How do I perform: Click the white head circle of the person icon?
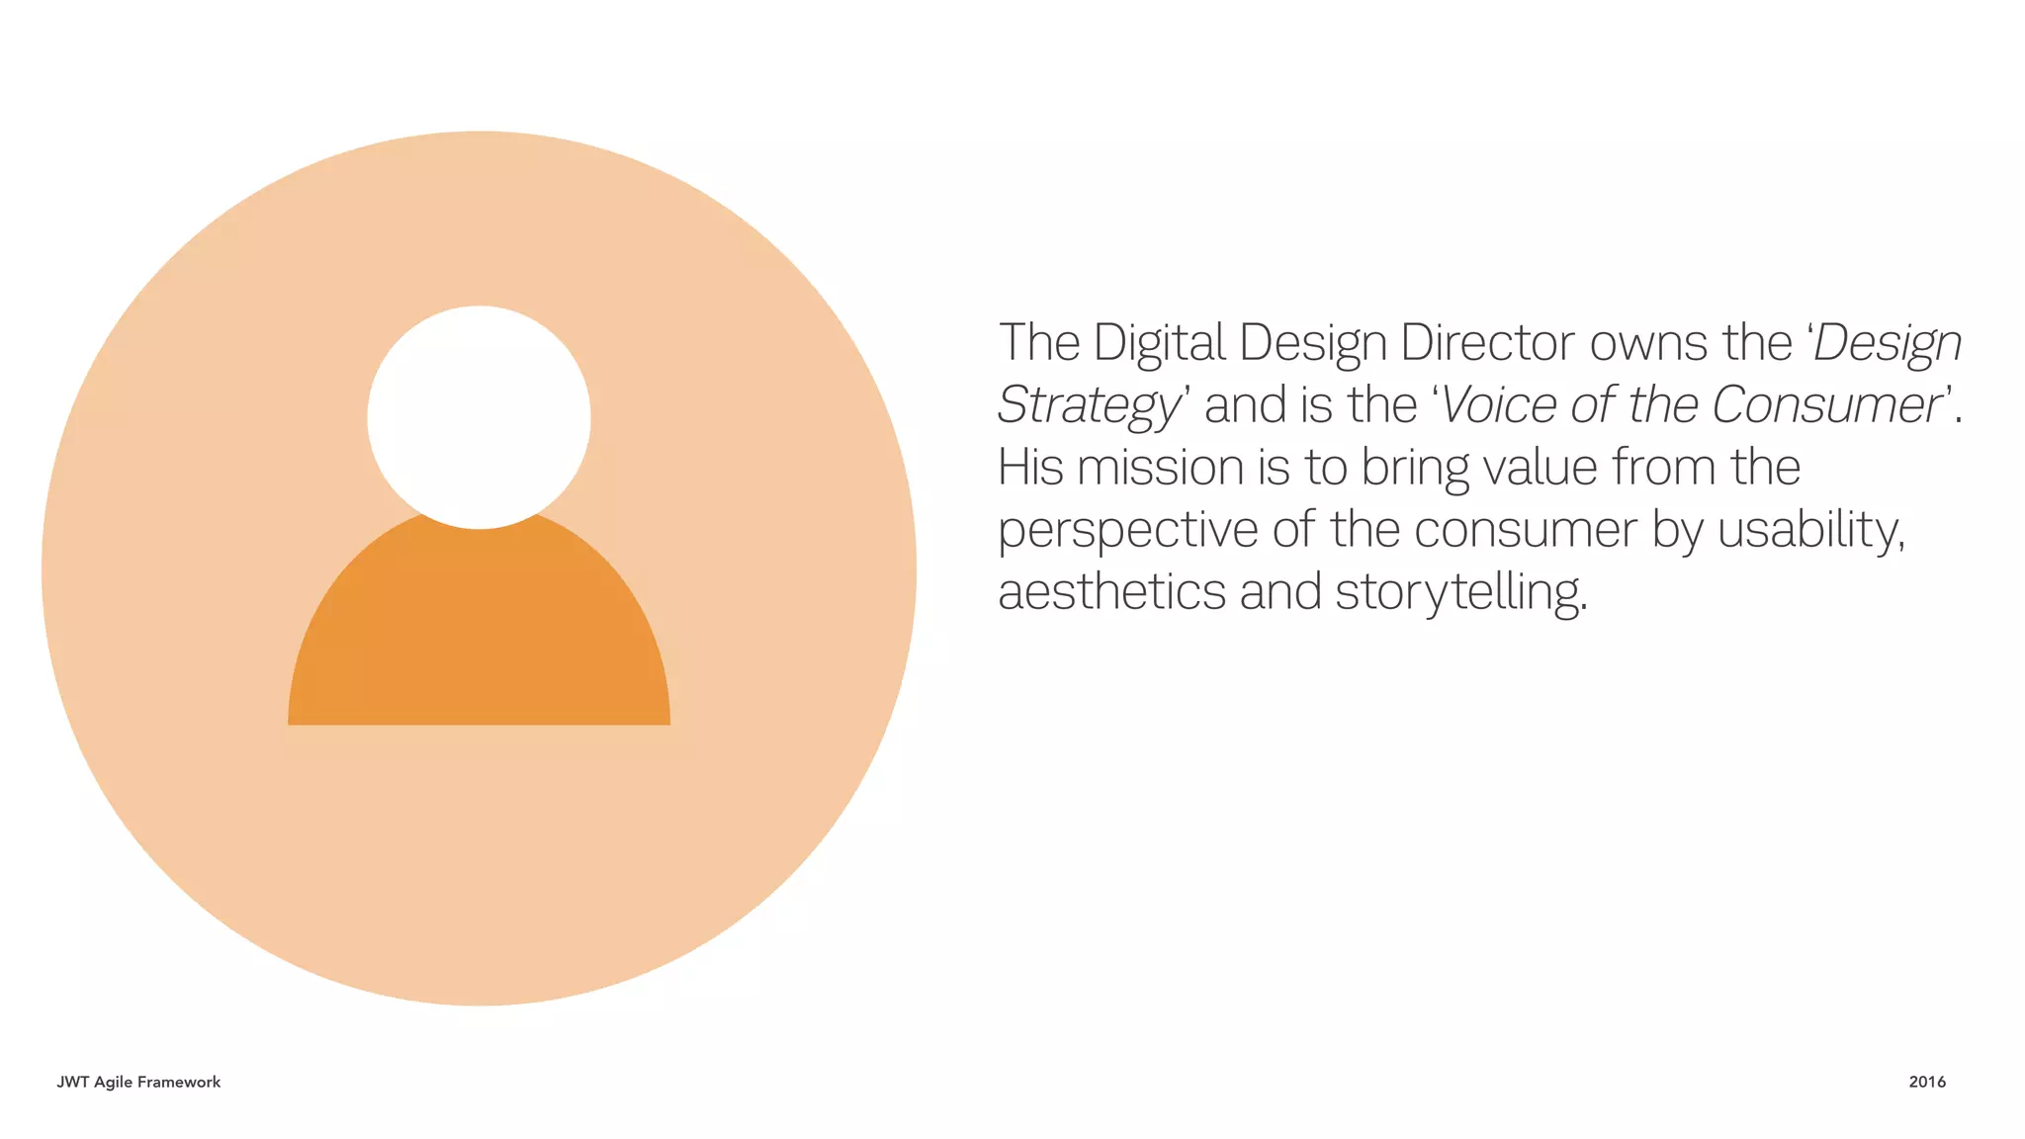479,416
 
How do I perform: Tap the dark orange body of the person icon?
479,633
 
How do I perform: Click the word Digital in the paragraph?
1159,343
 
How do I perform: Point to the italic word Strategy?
1088,406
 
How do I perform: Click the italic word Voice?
1500,405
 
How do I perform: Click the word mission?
1160,467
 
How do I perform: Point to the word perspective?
1127,531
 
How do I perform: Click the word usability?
1809,531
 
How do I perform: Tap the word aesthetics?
1111,592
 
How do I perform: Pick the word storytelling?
1460,593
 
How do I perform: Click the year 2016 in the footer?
1927,1082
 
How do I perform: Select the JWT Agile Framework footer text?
138,1082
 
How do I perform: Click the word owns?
1648,343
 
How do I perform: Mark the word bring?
1415,469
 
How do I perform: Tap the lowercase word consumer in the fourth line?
1525,531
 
